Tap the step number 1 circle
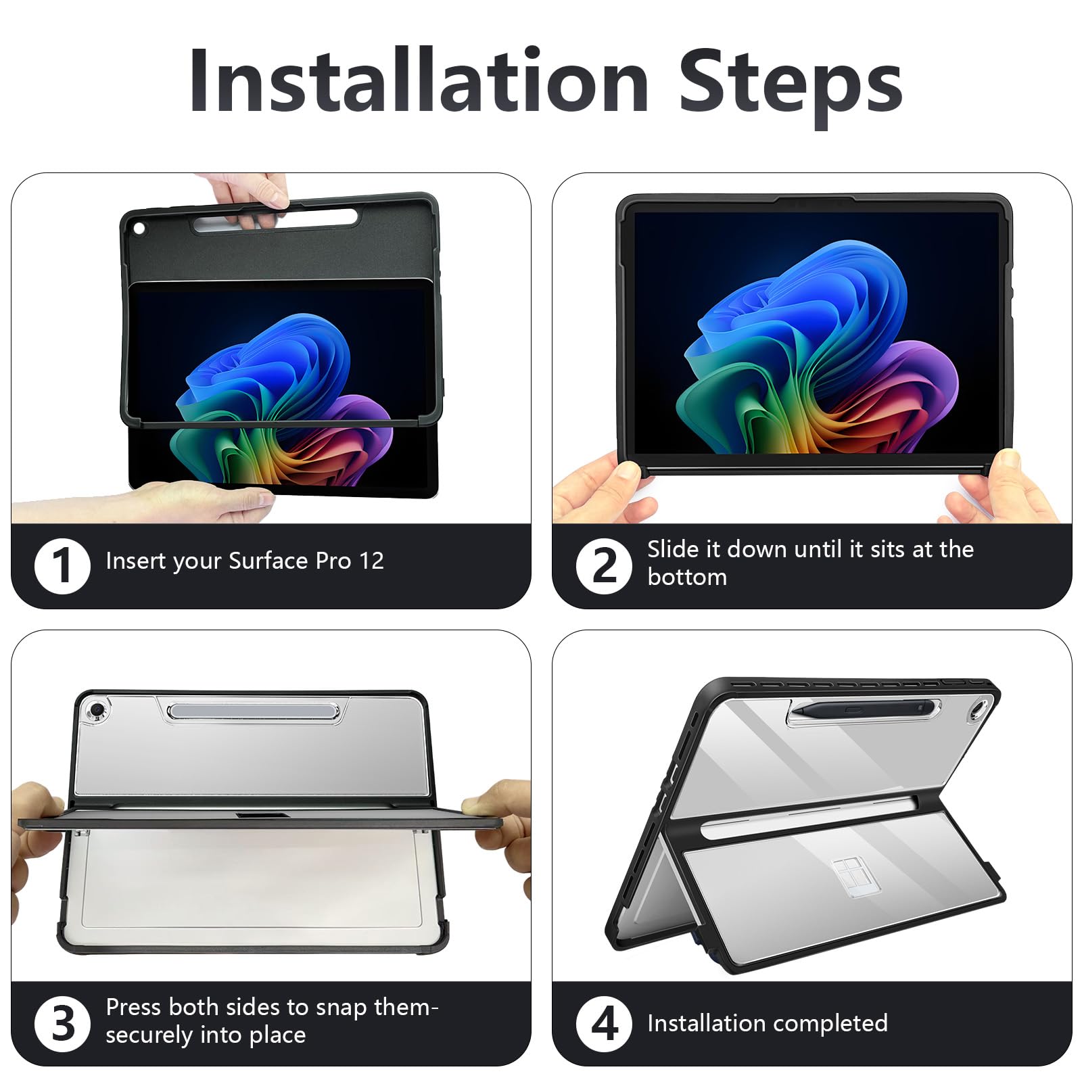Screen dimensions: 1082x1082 click(62, 565)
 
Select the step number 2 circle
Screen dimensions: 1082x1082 click(604, 565)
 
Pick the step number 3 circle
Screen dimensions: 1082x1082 click(62, 1023)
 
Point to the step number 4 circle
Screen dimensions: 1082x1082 click(604, 1023)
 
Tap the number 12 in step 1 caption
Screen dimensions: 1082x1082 click(371, 561)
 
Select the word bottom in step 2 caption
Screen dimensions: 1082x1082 click(687, 577)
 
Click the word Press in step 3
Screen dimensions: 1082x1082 click(133, 1007)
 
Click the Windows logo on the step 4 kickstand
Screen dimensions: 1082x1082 click(853, 876)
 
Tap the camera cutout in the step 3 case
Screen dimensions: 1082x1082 click(98, 709)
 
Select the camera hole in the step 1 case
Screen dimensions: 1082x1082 click(140, 229)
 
